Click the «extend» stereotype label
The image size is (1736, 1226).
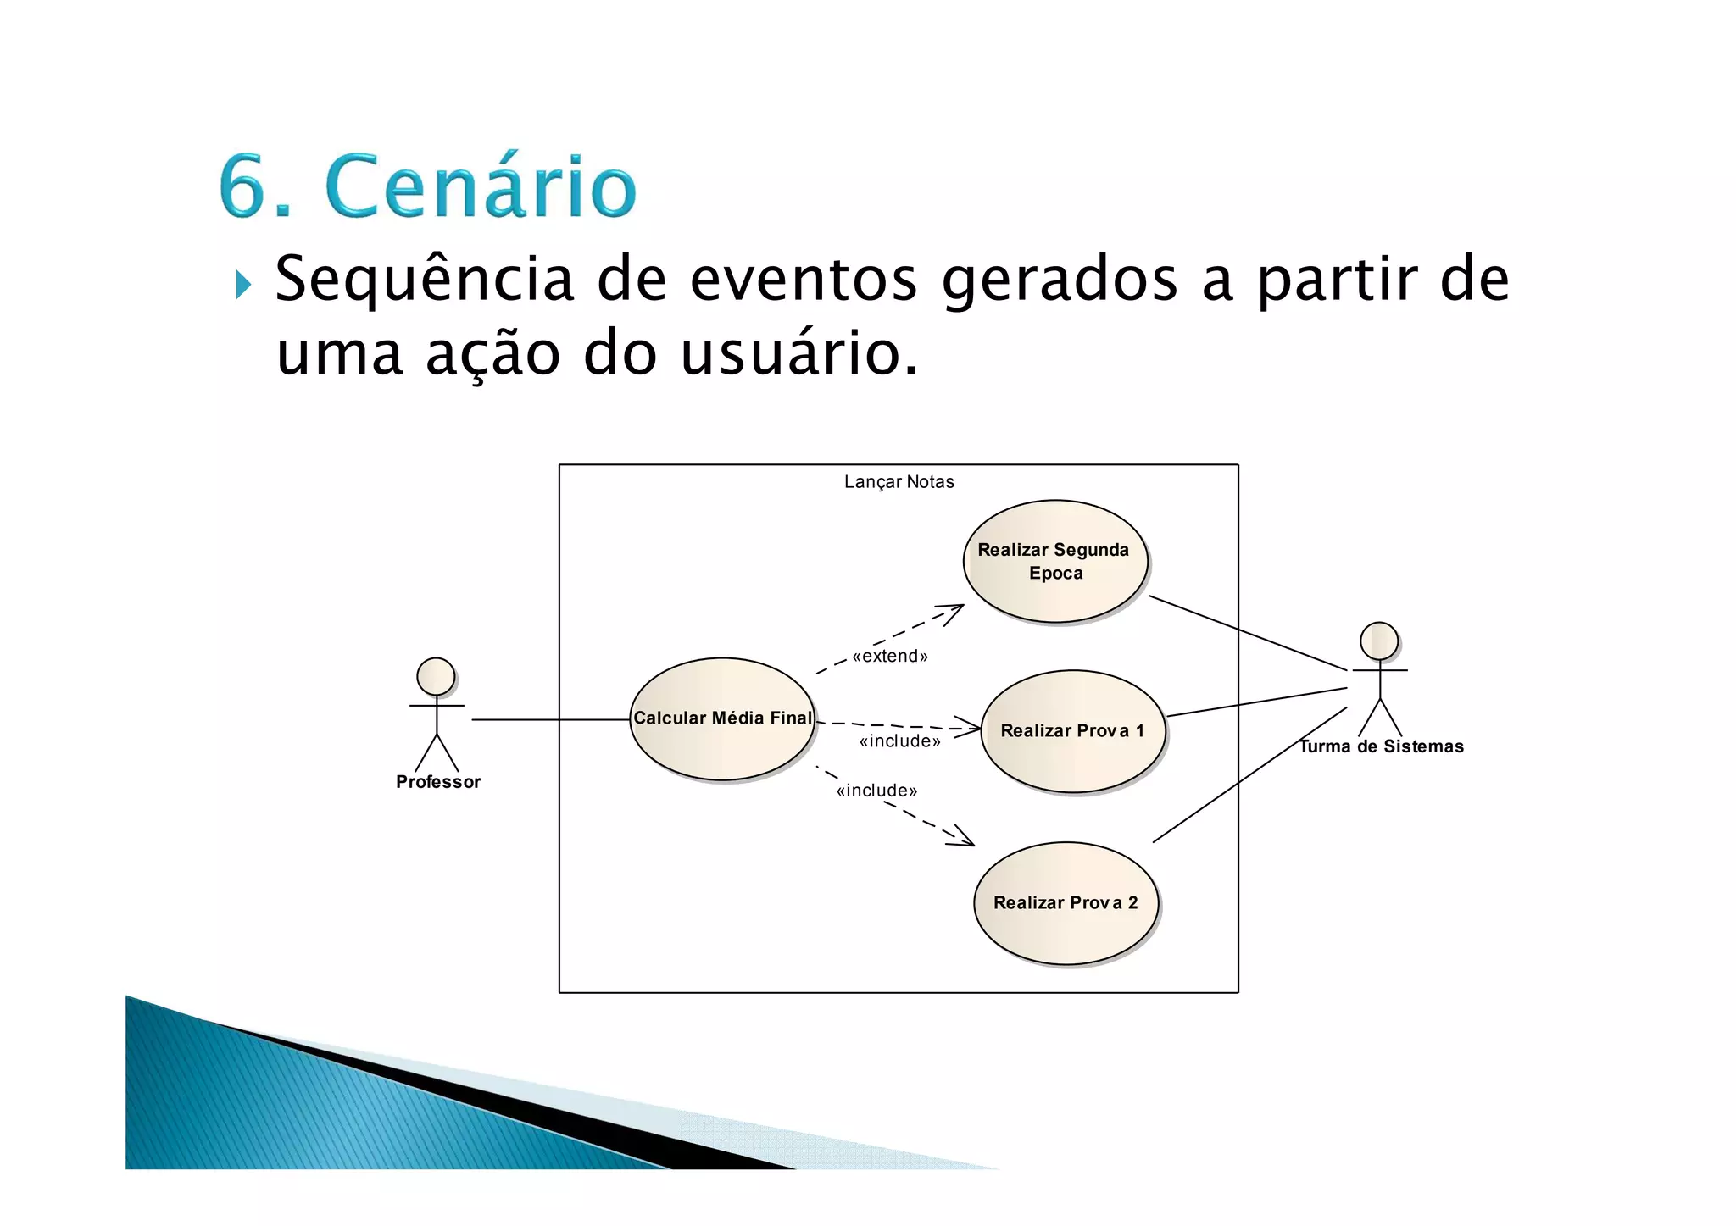(890, 657)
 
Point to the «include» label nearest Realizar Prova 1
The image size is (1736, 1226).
(899, 742)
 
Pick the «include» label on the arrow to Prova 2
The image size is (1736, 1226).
(876, 791)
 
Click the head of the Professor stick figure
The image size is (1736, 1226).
(436, 677)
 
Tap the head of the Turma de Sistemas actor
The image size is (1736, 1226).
(1379, 641)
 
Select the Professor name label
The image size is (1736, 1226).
(438, 782)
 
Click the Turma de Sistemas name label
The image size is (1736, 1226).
(1382, 746)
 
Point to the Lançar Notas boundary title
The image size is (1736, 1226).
(899, 482)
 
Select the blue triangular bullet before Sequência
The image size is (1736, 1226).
(243, 285)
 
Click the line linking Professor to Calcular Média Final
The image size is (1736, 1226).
(551, 720)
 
